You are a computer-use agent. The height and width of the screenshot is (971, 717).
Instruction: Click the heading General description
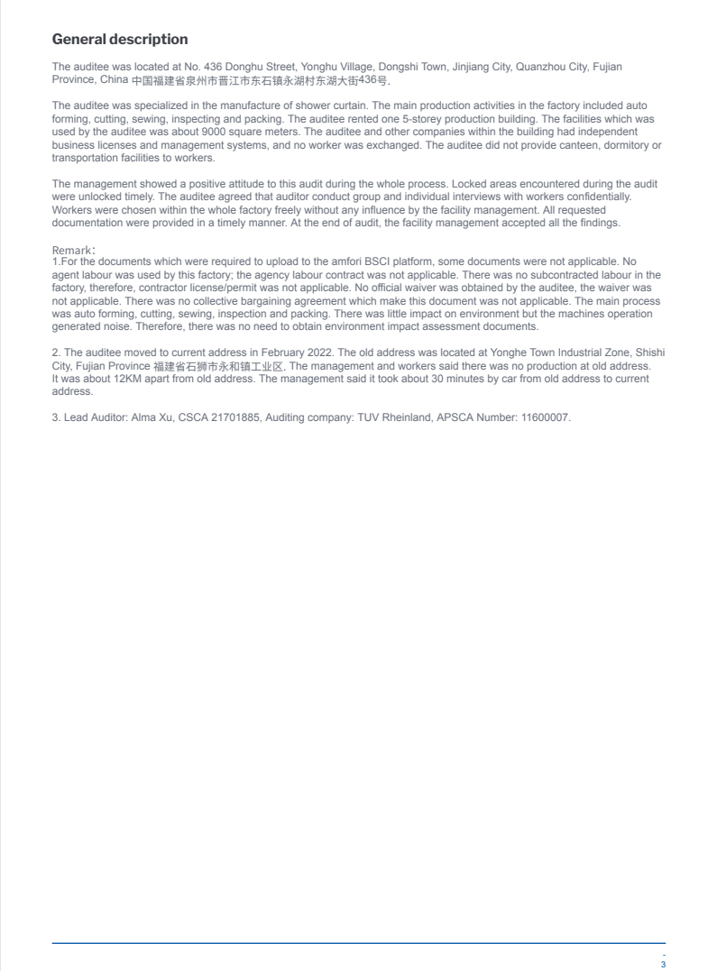pos(120,40)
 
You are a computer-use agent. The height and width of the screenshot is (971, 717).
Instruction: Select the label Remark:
pos(74,250)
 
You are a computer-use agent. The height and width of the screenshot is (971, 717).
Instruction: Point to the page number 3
pos(663,965)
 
